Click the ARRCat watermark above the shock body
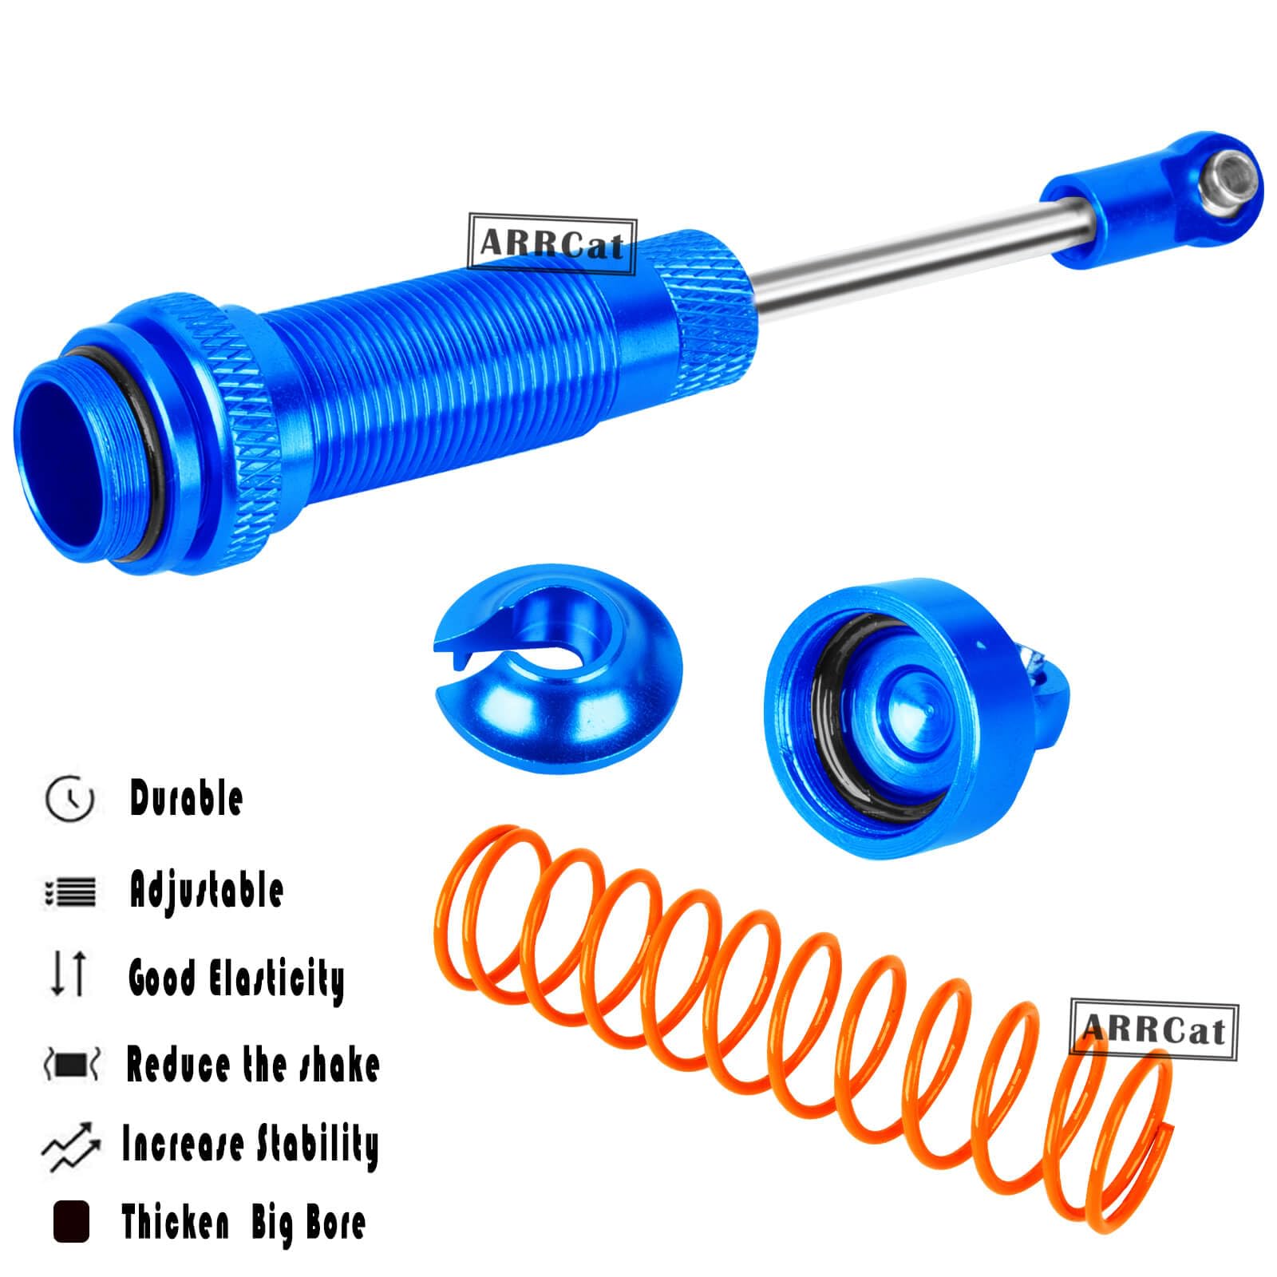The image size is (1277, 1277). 552,243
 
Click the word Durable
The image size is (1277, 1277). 186,798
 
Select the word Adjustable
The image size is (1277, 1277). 207,890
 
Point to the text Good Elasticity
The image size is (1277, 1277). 236,979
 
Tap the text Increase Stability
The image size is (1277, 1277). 250,1145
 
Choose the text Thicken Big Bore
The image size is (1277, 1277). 243,1222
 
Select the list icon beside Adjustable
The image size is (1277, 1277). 70,892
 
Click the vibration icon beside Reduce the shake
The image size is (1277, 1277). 71,1065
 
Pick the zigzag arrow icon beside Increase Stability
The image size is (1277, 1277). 71,1148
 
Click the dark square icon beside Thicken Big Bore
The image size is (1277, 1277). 71,1222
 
